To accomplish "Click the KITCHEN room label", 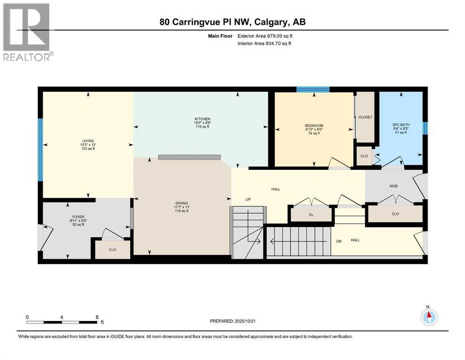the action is tap(202, 119).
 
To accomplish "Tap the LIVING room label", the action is tap(88, 141).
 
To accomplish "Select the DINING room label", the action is tap(182, 203).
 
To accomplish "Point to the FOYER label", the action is tap(78, 217).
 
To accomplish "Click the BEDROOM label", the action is tap(314, 126).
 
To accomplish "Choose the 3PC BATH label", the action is tap(401, 125).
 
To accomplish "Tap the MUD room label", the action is tap(393, 186).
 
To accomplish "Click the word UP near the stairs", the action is tap(248, 199).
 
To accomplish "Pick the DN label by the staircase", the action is tap(339, 241).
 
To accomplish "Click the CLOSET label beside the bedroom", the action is tap(365, 117).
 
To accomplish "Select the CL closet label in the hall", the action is tap(311, 215).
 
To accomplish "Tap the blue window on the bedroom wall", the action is tap(313, 89).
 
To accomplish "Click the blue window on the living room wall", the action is tap(40, 150).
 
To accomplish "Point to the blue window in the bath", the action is tap(425, 128).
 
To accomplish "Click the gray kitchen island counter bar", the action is tap(190, 157).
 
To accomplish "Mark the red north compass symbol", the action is tap(429, 317).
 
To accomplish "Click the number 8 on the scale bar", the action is tap(97, 317).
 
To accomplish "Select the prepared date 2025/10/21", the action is tap(245, 321).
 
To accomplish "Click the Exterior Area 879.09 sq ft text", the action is tap(265, 36).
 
